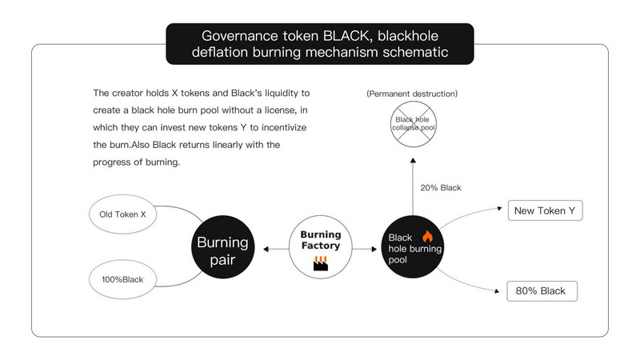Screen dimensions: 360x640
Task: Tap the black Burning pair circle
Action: [223, 250]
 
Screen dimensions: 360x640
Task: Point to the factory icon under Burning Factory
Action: [321, 265]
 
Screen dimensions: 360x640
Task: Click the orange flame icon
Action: [426, 236]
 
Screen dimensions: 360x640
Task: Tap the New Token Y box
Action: [546, 211]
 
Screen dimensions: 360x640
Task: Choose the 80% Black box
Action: [542, 290]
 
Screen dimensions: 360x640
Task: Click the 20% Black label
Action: [441, 188]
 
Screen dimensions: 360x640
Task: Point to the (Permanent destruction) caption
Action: [412, 94]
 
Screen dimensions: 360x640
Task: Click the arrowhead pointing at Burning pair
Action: [266, 250]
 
